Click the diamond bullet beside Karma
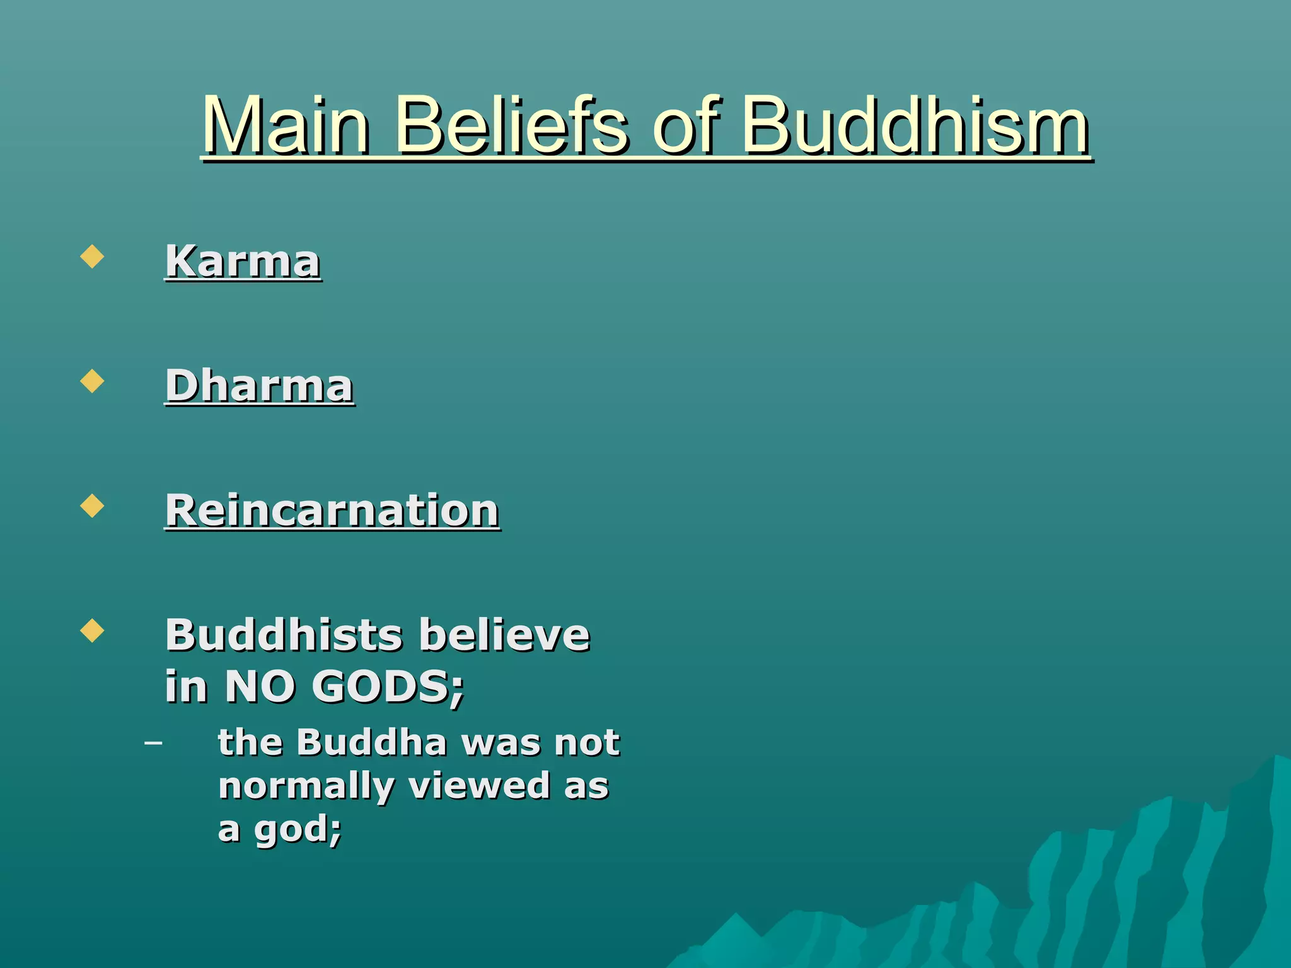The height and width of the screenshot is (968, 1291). coord(92,256)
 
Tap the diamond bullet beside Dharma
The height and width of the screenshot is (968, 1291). coord(92,381)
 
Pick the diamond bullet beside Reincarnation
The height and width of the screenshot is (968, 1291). coord(92,506)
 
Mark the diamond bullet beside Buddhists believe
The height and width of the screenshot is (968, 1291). coord(92,630)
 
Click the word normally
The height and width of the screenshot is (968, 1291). coord(306,786)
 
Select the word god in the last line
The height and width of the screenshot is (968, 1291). coord(291,829)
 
